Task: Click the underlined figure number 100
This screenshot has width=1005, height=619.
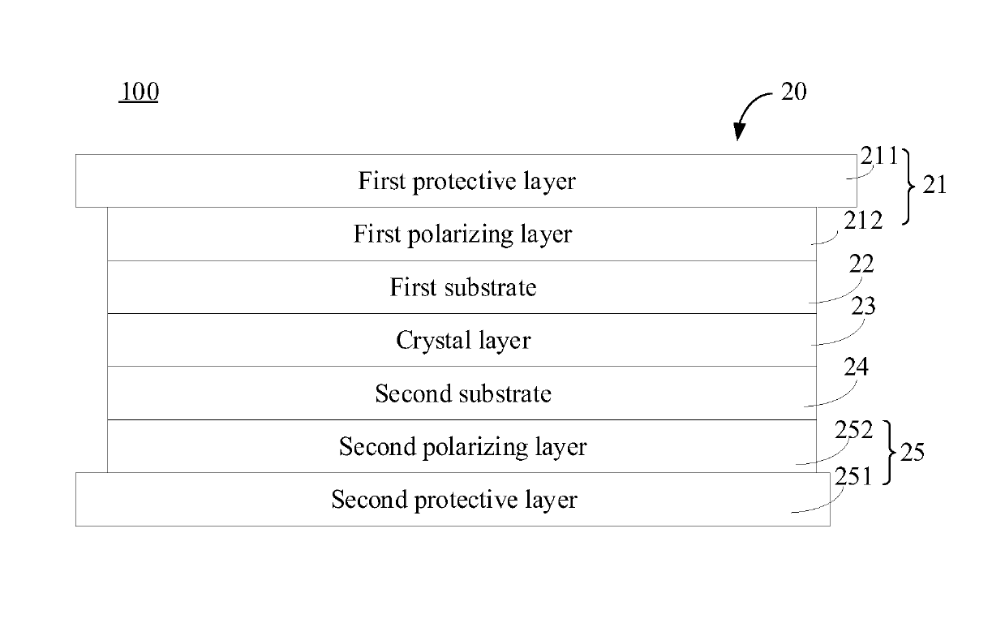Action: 139,92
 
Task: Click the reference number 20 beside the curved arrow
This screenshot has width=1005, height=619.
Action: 793,92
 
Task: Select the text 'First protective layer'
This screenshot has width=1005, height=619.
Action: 466,181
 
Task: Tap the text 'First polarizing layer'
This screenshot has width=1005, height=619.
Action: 462,234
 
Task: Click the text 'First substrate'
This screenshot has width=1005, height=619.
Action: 462,288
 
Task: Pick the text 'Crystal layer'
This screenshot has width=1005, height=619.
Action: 462,341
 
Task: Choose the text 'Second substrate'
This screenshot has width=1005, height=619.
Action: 462,394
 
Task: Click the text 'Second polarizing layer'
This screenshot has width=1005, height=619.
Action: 462,447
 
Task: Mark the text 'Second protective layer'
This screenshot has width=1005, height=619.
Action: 454,500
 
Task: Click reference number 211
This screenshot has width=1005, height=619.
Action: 879,157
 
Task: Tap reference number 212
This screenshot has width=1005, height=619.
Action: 863,220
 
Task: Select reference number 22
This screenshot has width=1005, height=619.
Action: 862,264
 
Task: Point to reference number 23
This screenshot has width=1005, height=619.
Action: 862,307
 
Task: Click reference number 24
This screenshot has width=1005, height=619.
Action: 856,368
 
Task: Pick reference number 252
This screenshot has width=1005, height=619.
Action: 853,431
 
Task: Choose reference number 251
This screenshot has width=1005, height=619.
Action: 853,476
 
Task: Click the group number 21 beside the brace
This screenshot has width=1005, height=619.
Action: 934,186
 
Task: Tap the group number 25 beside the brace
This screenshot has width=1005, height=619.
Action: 913,453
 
